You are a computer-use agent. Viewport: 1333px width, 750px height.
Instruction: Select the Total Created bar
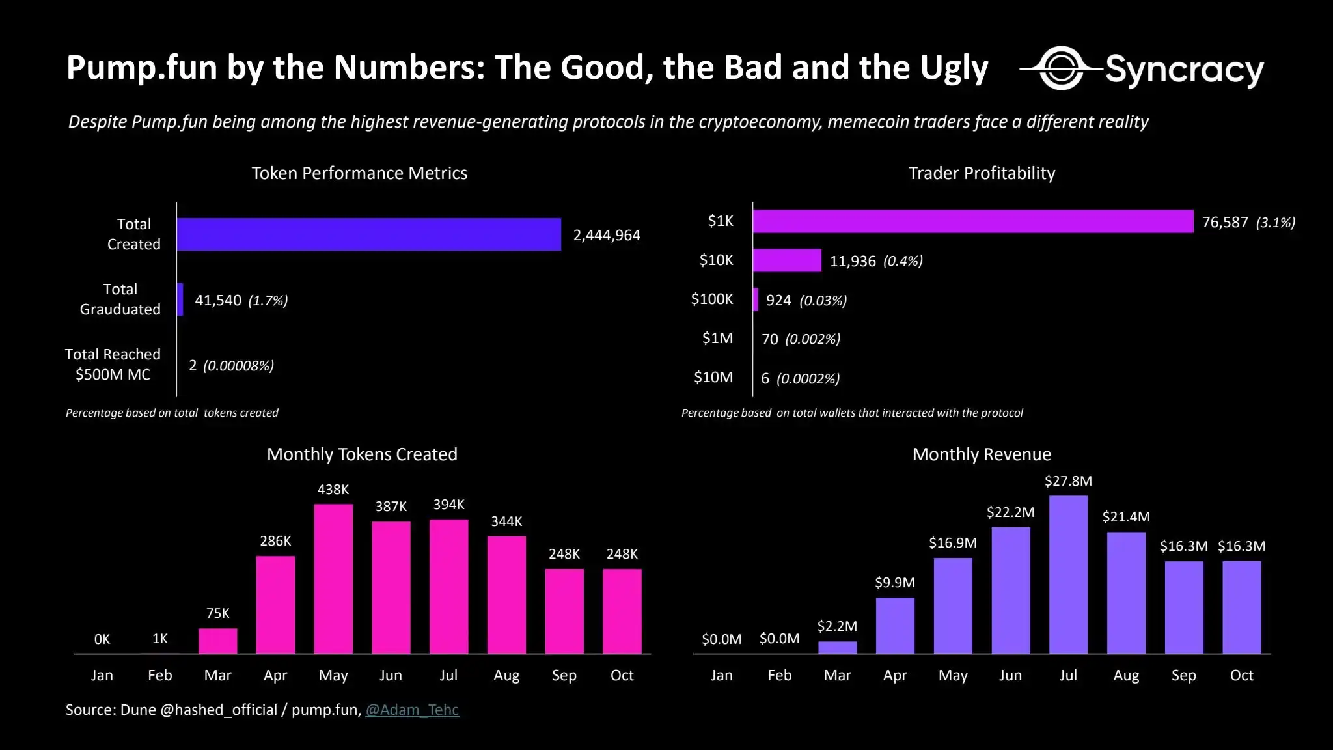pos(368,234)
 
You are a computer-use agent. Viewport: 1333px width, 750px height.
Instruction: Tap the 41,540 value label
pos(218,300)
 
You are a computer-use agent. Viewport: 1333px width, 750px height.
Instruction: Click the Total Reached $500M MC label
pos(113,364)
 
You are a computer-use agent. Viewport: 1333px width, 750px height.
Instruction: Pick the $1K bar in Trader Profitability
pos(972,221)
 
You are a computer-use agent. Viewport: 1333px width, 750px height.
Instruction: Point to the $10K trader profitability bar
pos(787,260)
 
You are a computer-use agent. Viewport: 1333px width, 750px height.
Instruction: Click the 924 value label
pos(778,300)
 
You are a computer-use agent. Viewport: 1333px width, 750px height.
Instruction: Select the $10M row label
pos(713,377)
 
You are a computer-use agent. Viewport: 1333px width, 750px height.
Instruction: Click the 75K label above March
pos(217,613)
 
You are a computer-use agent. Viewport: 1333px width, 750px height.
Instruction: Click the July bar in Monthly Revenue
pos(1068,574)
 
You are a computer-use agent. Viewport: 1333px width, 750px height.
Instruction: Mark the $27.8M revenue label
pos(1068,481)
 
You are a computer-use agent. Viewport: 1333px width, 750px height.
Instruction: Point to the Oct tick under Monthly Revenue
pos(1241,675)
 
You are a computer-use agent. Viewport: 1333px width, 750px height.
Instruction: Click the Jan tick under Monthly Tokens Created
pos(102,675)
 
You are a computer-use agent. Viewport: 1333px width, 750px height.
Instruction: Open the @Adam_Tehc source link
pos(412,710)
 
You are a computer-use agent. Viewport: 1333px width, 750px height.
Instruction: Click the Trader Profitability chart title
pos(982,173)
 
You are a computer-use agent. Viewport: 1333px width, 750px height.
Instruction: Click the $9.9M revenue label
pos(895,582)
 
